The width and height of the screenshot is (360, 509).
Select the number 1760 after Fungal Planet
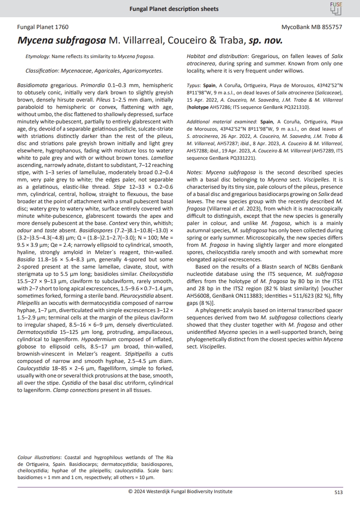[61, 27]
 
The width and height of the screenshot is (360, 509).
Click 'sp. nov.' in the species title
[266, 40]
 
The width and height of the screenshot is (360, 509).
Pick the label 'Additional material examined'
[218, 122]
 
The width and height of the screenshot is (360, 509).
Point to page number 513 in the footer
[338, 492]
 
